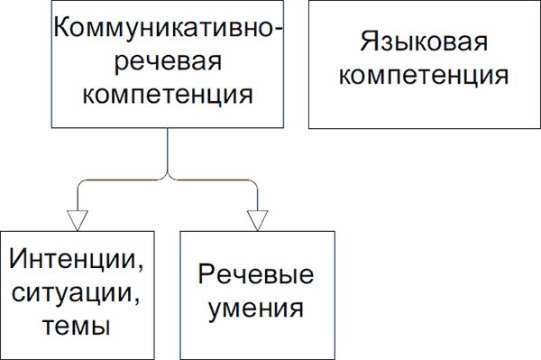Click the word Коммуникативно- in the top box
(x=168, y=27)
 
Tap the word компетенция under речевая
(x=168, y=93)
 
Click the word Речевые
(x=256, y=275)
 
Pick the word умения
(x=256, y=309)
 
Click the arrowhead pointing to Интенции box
(x=78, y=219)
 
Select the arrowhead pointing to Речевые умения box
(x=258, y=219)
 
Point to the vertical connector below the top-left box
(x=168, y=149)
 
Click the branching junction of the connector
(x=168, y=177)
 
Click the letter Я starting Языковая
(x=366, y=42)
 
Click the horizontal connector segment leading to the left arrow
(x=122, y=180)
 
